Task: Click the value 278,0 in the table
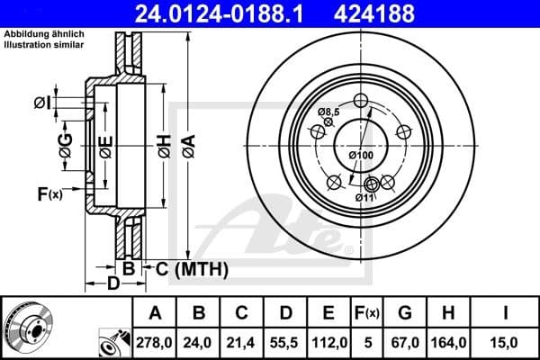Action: coord(155,342)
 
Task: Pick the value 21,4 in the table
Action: coord(242,342)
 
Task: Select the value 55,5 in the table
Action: coord(285,342)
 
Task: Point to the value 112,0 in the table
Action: coord(328,342)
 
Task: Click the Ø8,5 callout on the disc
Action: coord(328,112)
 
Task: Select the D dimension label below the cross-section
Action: coord(113,284)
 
